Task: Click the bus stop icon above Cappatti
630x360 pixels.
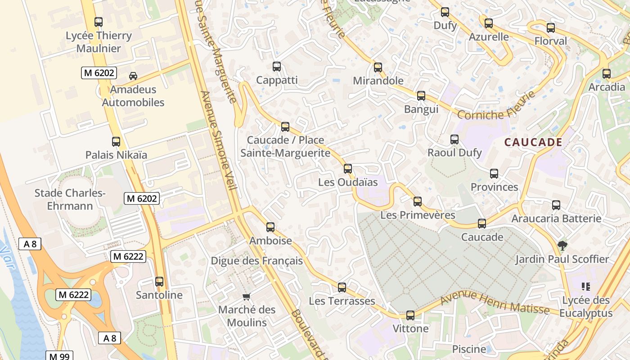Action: [277, 67]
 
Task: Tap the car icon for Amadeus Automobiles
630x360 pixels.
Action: [133, 76]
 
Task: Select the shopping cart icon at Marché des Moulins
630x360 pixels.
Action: [246, 296]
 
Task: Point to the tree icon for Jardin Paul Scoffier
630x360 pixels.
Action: [562, 246]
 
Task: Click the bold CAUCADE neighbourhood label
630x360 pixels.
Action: [533, 143]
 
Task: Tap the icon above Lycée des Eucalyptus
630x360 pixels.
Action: [585, 286]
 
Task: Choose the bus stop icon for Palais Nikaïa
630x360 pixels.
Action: [116, 142]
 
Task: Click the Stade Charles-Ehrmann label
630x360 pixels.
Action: [70, 200]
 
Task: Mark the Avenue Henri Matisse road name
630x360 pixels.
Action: [495, 304]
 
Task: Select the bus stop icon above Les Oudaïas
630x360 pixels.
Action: [347, 169]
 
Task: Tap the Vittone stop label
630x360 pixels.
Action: [410, 328]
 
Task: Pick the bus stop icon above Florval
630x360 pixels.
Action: [551, 28]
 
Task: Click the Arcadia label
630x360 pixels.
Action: [607, 87]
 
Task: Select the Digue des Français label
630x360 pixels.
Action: [256, 261]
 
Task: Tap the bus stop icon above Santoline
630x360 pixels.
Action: [159, 282]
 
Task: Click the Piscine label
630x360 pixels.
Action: [469, 349]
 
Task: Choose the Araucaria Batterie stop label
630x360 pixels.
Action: [556, 219]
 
